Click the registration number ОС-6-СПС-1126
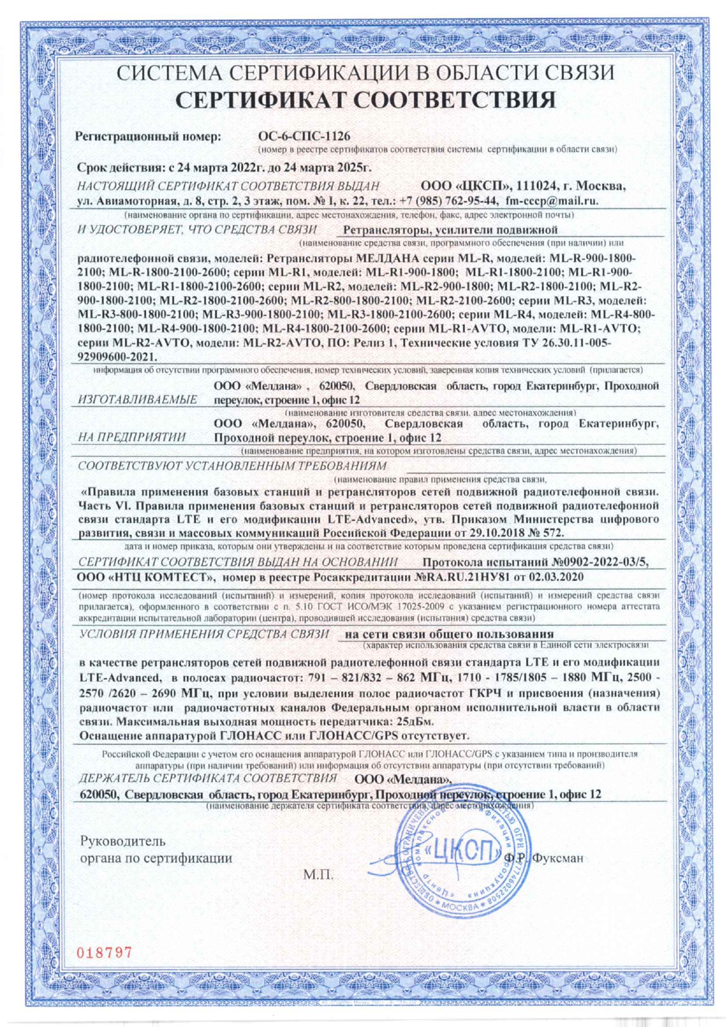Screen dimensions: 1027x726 pos(304,136)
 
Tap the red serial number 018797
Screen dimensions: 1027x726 pos(105,952)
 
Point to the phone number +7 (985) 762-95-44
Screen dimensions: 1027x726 pos(449,201)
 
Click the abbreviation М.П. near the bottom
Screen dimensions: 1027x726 pos(318,875)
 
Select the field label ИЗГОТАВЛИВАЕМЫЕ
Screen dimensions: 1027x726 pos(137,400)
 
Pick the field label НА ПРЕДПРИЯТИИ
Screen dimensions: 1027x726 pos(132,437)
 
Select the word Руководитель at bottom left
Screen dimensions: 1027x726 pos(123,841)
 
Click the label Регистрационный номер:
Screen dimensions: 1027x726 pos(149,136)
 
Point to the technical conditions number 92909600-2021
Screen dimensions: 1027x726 pos(116,356)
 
